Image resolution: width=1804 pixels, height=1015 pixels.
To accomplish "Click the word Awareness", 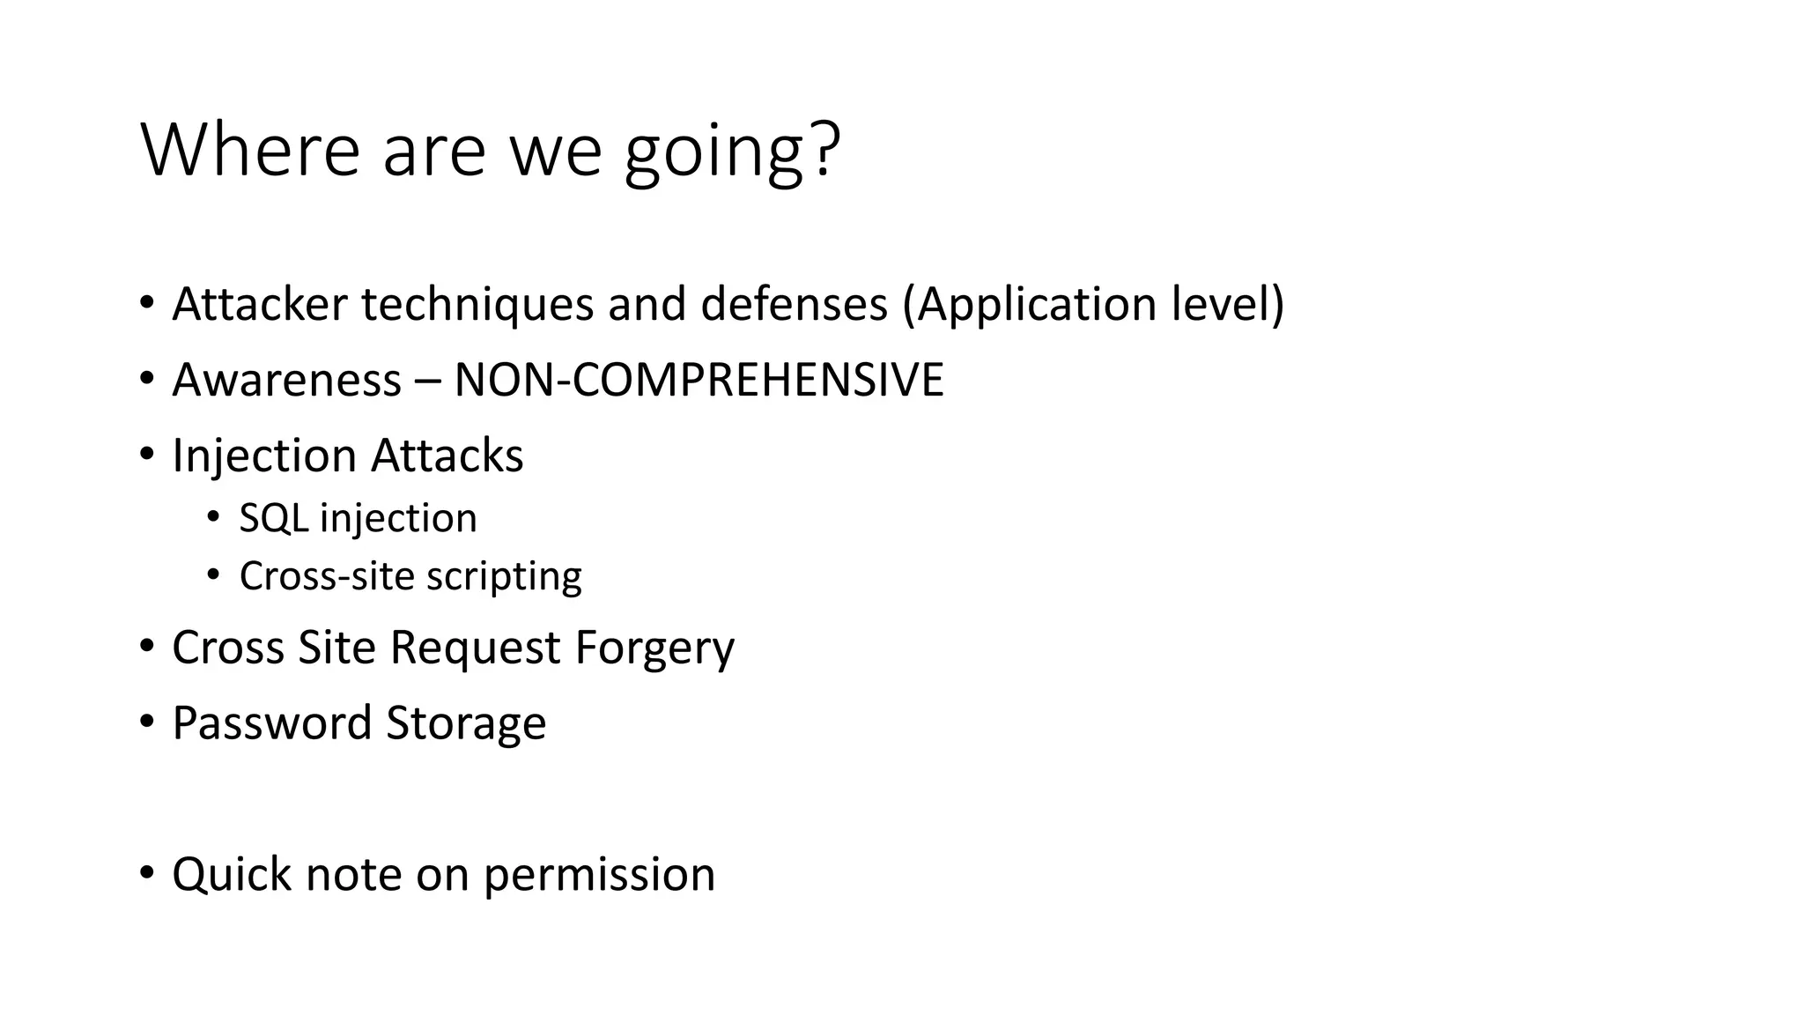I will (287, 381).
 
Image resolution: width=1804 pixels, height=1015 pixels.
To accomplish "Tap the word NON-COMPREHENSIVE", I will (699, 381).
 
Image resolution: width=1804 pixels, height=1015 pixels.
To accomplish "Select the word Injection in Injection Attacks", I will (263, 457).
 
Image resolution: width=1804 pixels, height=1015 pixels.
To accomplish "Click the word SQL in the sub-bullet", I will (273, 519).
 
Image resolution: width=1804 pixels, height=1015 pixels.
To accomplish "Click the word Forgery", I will (654, 648).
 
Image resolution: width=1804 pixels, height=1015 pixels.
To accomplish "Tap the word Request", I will (474, 648).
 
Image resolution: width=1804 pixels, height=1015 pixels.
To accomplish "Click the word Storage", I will (466, 725).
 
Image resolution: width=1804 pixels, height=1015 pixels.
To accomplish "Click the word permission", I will (599, 877).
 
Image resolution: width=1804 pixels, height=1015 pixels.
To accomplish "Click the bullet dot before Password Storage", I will (146, 722).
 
